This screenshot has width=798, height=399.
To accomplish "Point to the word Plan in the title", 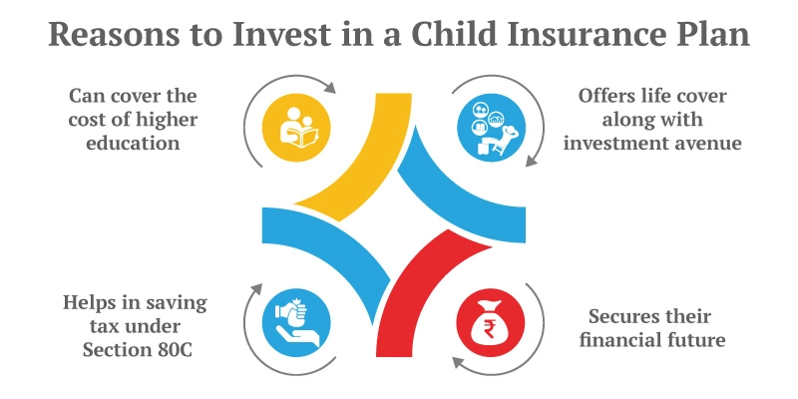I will coord(712,34).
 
